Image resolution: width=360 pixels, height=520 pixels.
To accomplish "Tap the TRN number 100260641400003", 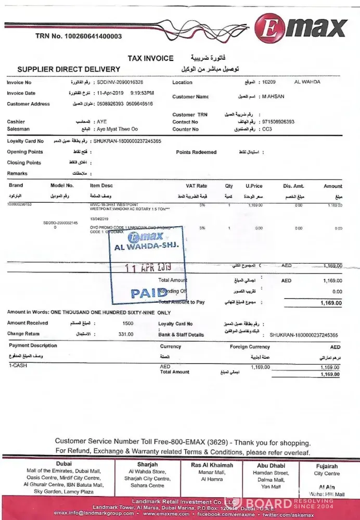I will click(x=79, y=36).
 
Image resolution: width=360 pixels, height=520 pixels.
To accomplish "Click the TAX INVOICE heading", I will click(x=150, y=58).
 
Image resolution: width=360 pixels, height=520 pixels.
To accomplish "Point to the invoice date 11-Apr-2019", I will click(x=111, y=93).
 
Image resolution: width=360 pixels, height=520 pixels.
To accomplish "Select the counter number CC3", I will click(x=267, y=129).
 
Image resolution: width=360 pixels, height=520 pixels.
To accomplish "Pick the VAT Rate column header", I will click(x=196, y=186).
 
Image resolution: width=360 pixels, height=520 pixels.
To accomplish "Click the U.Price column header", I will click(x=254, y=186).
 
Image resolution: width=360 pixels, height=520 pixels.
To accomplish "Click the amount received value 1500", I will click(x=127, y=323).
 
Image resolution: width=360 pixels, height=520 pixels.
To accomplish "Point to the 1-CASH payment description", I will click(x=18, y=366).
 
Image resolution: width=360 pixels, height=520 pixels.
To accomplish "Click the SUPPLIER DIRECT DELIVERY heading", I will click(x=69, y=69).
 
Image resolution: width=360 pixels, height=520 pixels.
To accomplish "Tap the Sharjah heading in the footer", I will click(x=147, y=464).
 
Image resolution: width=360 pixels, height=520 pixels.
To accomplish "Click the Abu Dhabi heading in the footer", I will click(x=271, y=466).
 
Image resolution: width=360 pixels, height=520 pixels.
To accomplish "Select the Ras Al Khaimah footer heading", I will click(x=211, y=465).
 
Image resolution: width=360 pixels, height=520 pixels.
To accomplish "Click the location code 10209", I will click(x=269, y=82).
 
